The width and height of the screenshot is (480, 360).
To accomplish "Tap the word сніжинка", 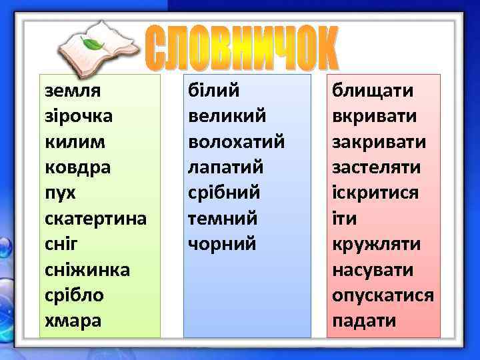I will (x=87, y=269).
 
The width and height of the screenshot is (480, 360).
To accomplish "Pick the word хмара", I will (x=73, y=321).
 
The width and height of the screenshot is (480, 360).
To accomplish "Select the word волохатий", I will (x=237, y=141).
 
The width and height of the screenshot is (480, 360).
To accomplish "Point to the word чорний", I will (x=223, y=244).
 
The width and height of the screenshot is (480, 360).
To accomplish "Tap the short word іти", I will (x=344, y=218).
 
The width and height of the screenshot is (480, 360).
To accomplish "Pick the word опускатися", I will (x=383, y=295).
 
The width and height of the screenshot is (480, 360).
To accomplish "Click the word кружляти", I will (x=377, y=244).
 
